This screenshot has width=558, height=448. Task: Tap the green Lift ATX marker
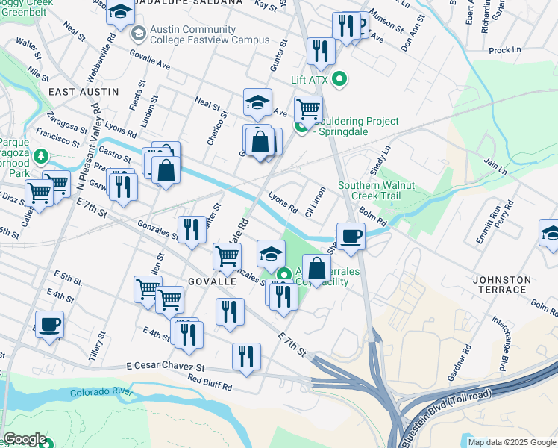[341, 79]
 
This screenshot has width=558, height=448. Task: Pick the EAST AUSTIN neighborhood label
[83, 91]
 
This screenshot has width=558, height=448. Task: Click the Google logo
[25, 439]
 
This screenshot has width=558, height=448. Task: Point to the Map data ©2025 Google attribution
[511, 442]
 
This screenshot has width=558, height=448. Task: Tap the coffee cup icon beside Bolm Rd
[351, 237]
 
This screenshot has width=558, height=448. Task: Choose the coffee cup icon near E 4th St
[49, 325]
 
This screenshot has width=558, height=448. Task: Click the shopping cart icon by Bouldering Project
[308, 110]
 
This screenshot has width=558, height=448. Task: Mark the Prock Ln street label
[505, 50]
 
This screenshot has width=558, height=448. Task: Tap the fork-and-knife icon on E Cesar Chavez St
[246, 357]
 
